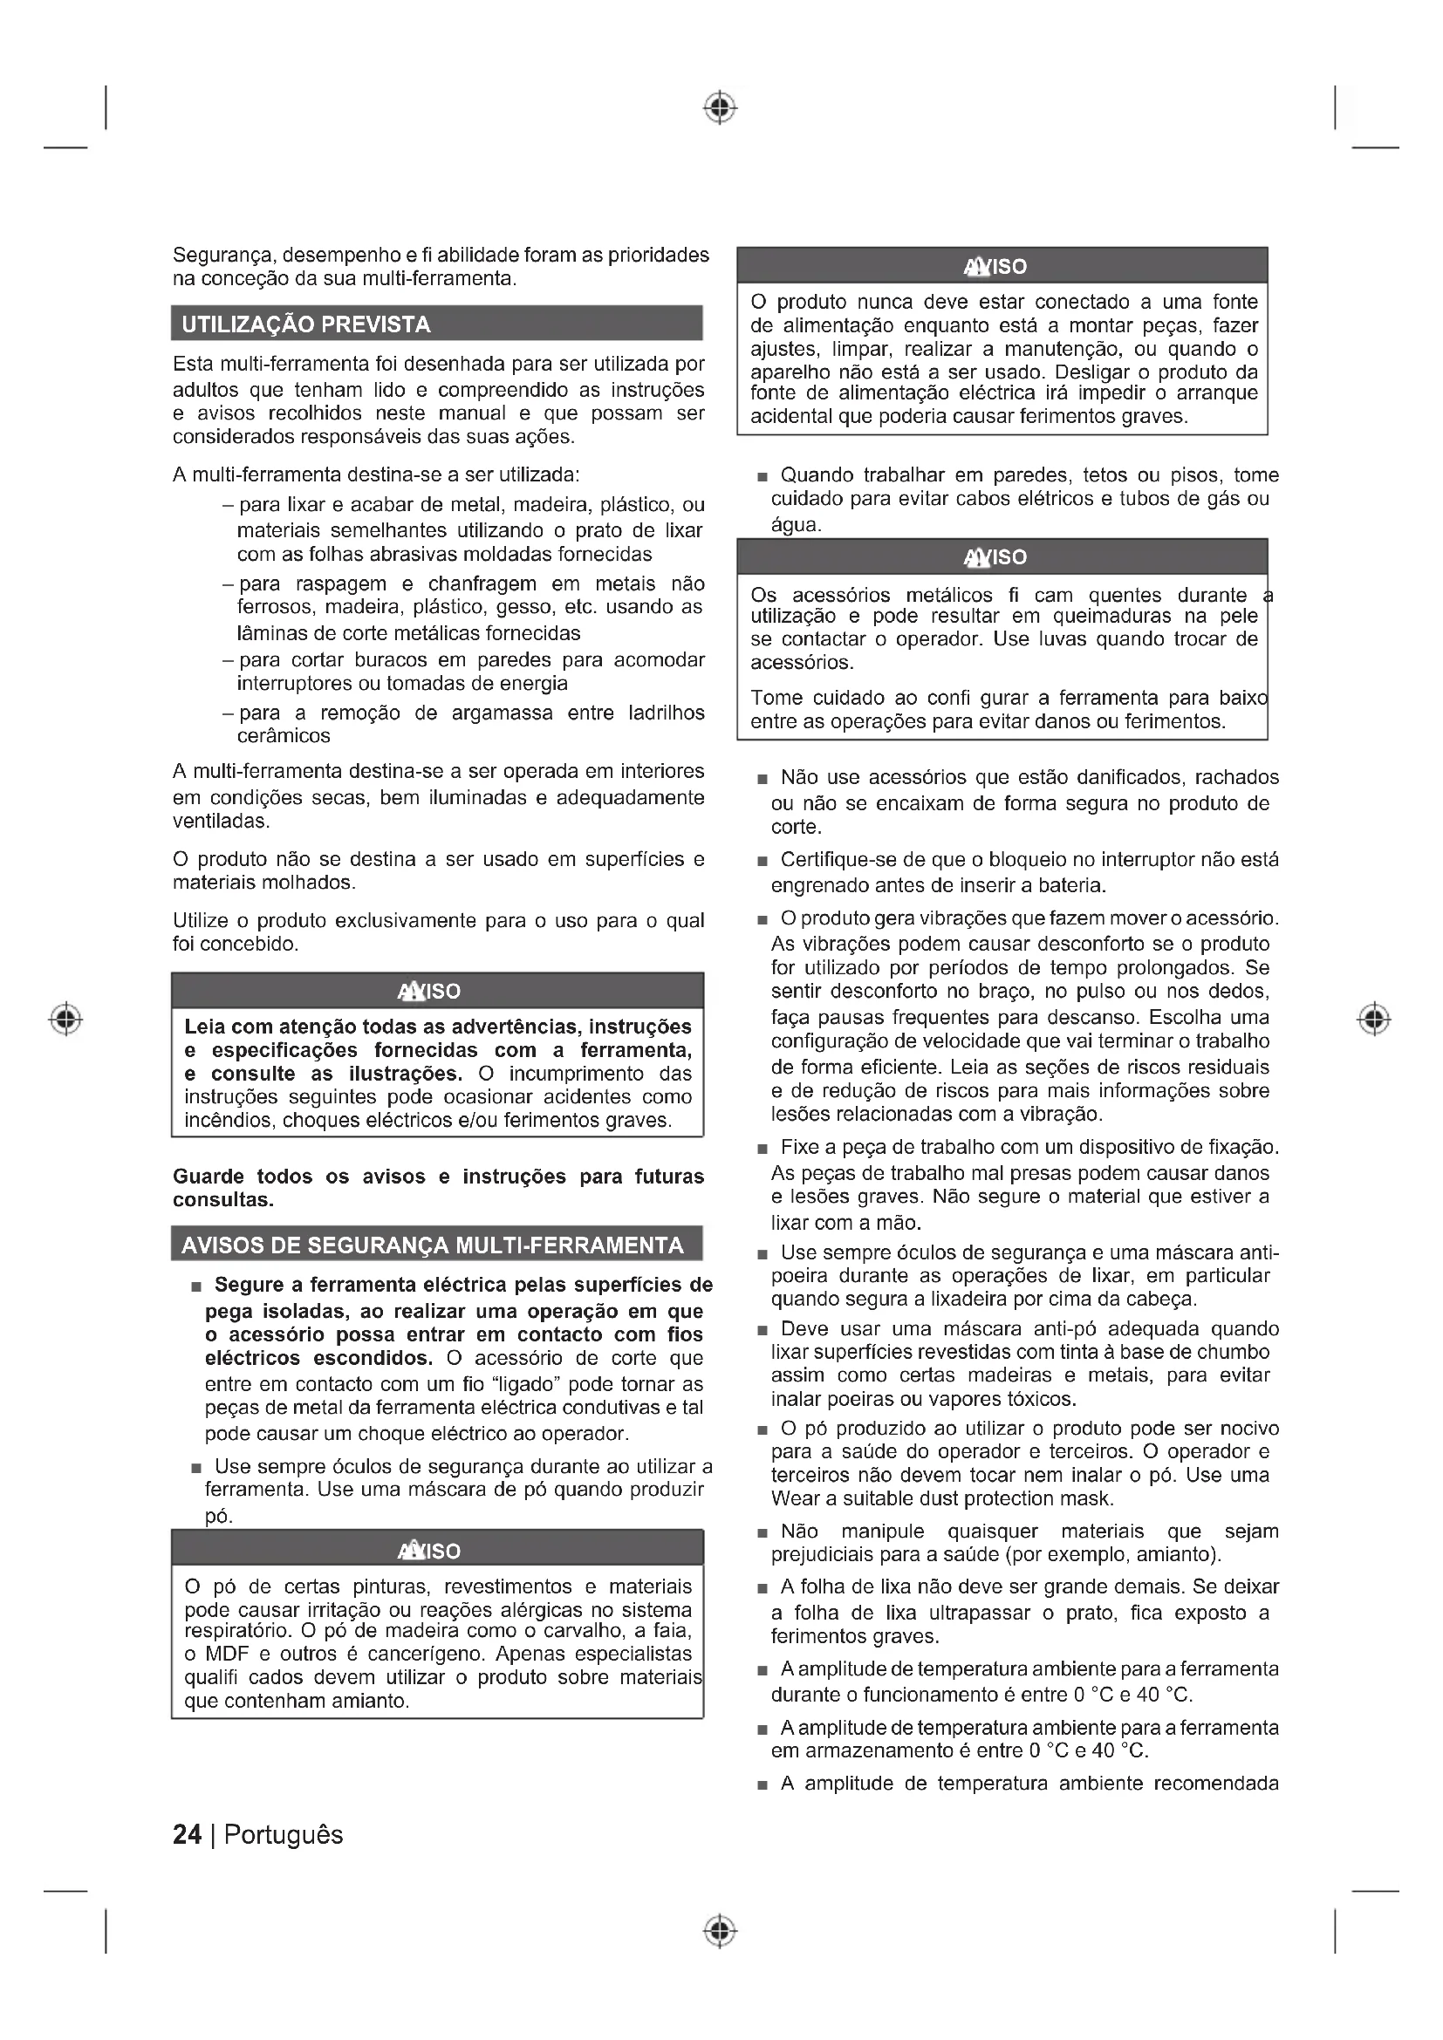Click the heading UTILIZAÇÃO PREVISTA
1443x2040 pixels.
(x=305, y=324)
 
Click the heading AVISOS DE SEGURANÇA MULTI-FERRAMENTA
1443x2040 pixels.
(x=433, y=1245)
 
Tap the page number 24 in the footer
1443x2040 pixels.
(x=187, y=1835)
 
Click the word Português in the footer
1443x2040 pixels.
(x=284, y=1835)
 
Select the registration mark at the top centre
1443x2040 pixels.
(x=721, y=107)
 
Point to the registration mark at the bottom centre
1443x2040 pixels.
(x=721, y=1931)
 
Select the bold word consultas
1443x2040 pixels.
(x=223, y=1199)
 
